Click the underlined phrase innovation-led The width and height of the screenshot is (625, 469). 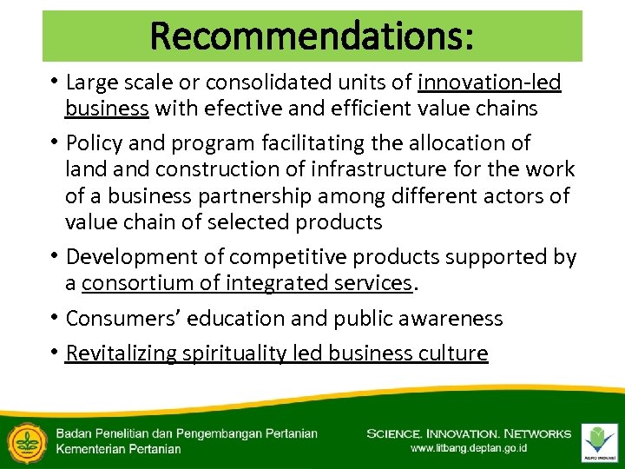tap(490, 83)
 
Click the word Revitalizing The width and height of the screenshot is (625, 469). tap(122, 353)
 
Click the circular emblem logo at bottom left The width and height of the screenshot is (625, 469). tap(24, 441)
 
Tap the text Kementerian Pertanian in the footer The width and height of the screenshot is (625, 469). tap(118, 449)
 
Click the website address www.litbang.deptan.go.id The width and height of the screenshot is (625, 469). tap(469, 449)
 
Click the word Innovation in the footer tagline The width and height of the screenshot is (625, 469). tap(465, 433)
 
